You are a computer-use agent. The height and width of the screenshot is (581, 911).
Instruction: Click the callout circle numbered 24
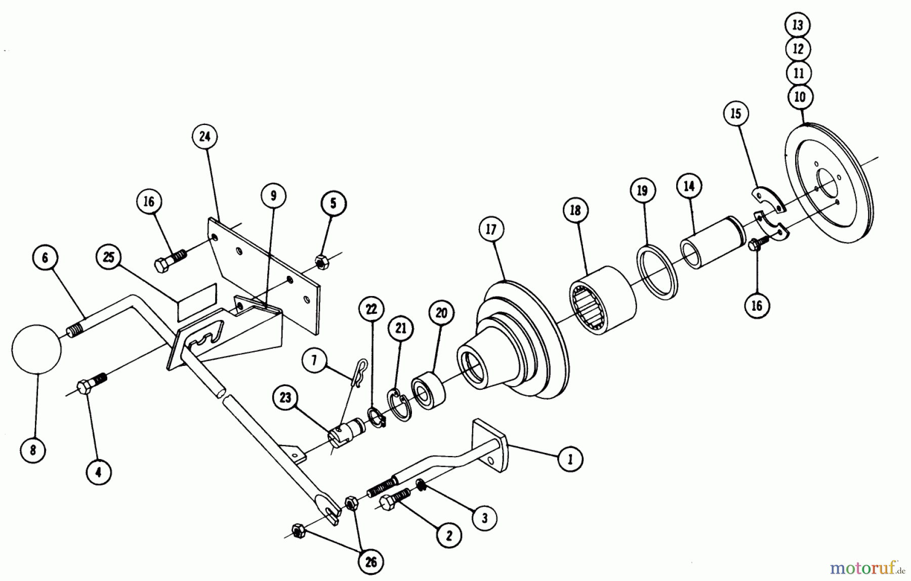204,137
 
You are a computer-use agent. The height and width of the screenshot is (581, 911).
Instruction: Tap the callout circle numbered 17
491,229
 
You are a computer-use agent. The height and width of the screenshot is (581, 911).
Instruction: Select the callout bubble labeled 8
33,450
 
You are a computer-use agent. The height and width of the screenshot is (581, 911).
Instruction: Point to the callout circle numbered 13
798,25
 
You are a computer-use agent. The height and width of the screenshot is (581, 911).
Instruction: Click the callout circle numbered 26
371,562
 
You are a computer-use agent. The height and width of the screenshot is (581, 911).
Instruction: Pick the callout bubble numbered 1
570,459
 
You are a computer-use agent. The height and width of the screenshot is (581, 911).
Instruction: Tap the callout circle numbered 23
285,397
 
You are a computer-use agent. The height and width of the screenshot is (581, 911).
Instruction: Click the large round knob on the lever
36,349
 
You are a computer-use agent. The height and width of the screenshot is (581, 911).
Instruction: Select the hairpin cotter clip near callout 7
359,373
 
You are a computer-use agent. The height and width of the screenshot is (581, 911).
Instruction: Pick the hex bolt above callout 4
93,384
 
